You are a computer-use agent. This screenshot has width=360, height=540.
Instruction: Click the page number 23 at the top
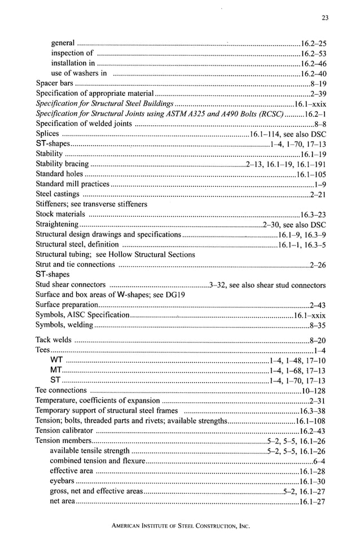click(324, 18)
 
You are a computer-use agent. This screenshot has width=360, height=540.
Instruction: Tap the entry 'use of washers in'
click(79, 73)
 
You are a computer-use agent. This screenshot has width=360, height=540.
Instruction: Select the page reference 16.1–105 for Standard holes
click(311, 174)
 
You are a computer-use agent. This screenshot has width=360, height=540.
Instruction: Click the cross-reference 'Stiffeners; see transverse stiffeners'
click(91, 204)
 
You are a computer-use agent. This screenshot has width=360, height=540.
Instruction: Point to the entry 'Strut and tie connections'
click(75, 265)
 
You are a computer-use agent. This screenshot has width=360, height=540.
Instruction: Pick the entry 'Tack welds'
click(54, 340)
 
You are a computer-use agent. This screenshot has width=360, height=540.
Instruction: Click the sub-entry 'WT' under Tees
click(56, 360)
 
